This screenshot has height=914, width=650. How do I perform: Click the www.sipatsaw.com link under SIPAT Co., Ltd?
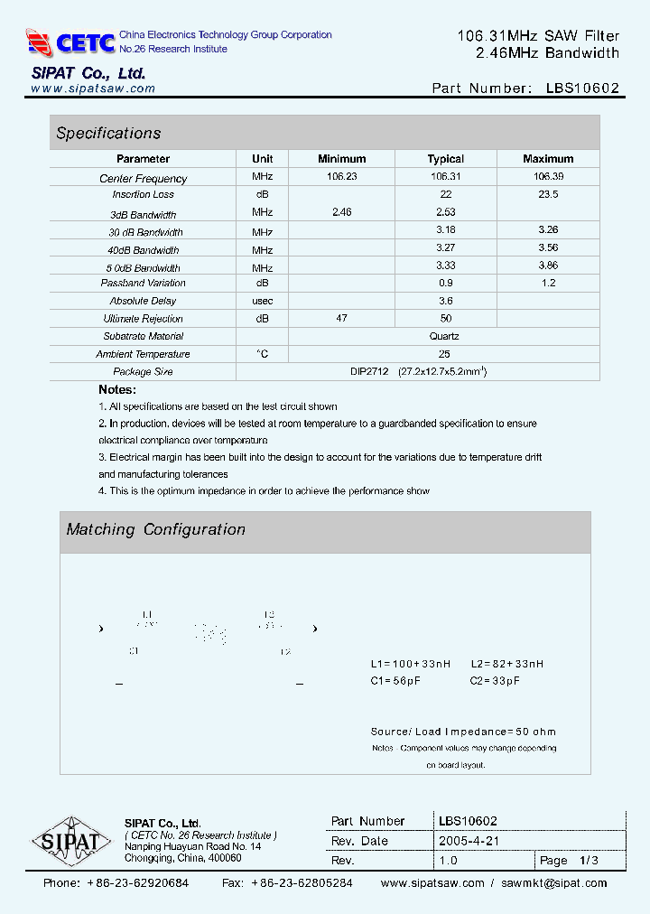pyautogui.click(x=93, y=89)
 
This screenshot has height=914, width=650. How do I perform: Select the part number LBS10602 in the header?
pyautogui.click(x=582, y=89)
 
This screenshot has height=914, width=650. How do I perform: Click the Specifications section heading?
pyautogui.click(x=108, y=134)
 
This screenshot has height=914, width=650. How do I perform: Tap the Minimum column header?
pyautogui.click(x=341, y=159)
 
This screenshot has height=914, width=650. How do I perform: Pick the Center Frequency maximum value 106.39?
pyautogui.click(x=548, y=177)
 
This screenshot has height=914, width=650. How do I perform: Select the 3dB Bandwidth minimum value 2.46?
pyautogui.click(x=341, y=212)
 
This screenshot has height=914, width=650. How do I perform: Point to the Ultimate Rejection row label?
pyautogui.click(x=143, y=319)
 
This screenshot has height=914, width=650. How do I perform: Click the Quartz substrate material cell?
pyautogui.click(x=444, y=336)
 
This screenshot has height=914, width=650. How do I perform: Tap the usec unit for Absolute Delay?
pyautogui.click(x=263, y=301)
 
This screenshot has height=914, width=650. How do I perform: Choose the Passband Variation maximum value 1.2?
pyautogui.click(x=548, y=284)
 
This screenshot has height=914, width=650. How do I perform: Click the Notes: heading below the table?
pyautogui.click(x=117, y=390)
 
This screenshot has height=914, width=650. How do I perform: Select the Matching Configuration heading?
pyautogui.click(x=155, y=530)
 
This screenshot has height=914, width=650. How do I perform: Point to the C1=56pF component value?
pyautogui.click(x=395, y=681)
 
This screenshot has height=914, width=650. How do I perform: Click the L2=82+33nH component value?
pyautogui.click(x=506, y=664)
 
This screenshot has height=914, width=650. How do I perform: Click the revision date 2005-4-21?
pyautogui.click(x=469, y=841)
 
